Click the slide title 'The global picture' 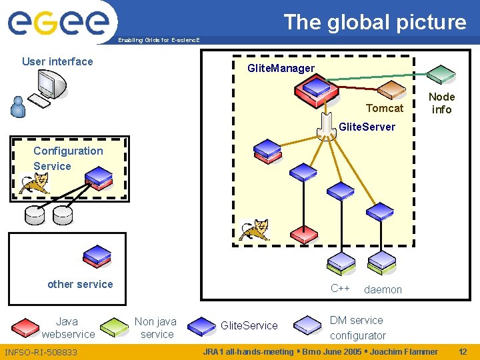375,22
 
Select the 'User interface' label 57,61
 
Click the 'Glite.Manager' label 281,68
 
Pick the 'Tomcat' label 385,108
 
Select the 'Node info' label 441,103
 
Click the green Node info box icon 441,73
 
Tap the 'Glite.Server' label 367,127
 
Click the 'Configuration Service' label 68,158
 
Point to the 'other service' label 80,284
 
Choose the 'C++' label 340,288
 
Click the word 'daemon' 383,289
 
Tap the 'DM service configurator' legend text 357,327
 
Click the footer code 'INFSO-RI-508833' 41,351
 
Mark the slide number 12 463,351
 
